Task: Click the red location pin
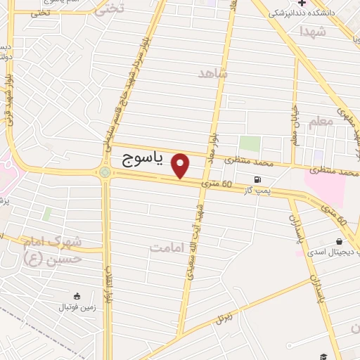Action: coord(181,165)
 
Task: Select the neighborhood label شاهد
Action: coord(214,73)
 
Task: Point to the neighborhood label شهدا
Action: coord(312,32)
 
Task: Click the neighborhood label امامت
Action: coord(171,247)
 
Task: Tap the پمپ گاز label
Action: coord(257,191)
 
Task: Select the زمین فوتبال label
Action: coord(76,307)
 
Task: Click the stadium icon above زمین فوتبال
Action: coord(77,295)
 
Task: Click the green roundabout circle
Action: coord(105,172)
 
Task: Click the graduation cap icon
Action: coord(323,356)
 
